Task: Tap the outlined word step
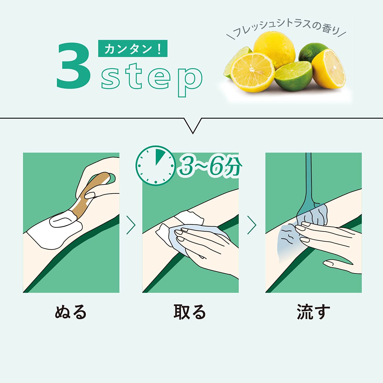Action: click(x=152, y=80)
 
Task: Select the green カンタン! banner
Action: click(x=133, y=48)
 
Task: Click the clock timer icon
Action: click(x=156, y=165)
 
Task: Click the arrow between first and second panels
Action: click(x=131, y=225)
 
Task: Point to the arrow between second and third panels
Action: click(x=252, y=225)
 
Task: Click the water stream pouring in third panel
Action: click(x=309, y=179)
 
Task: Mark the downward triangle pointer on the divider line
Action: click(x=193, y=125)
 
